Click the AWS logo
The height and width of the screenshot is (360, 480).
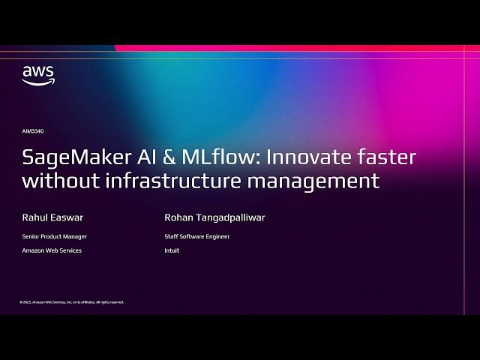pos(37,75)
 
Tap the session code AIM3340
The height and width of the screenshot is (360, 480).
pos(33,131)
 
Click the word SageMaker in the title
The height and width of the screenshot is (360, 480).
pos(69,158)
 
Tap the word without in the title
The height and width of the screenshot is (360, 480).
pos(55,181)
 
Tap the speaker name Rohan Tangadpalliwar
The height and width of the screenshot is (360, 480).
pos(214,218)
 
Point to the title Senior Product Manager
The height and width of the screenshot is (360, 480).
pos(54,236)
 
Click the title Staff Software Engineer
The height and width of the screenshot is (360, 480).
pos(196,236)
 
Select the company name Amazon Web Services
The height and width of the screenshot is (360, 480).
pos(52,250)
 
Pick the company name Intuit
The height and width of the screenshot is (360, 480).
pos(172,250)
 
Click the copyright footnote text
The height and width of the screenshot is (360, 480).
pos(72,302)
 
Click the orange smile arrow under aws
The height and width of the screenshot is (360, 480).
pos(37,82)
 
